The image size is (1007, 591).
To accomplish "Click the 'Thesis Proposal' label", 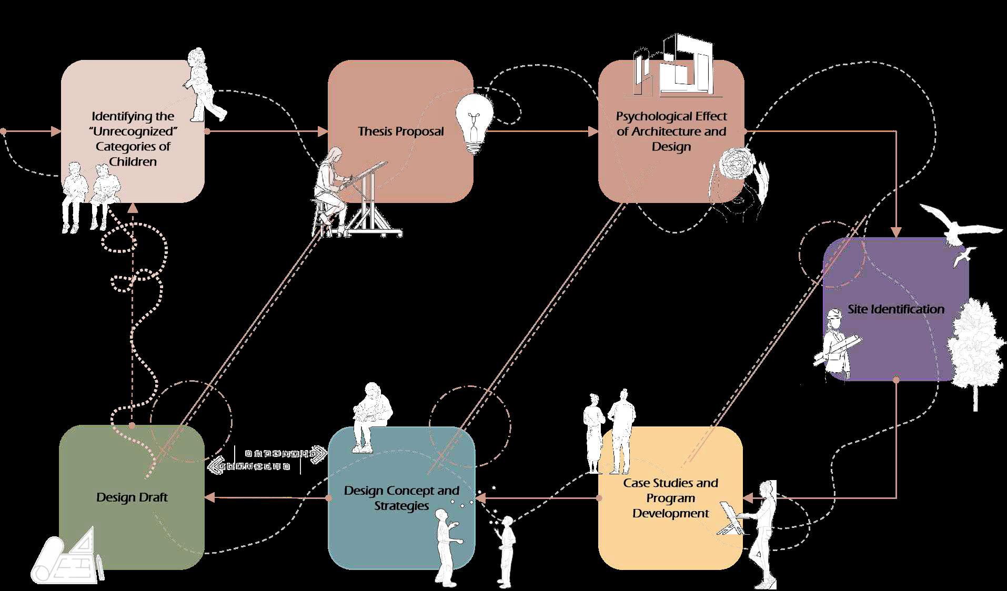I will tap(401, 131).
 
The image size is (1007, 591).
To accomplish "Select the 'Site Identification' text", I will tap(895, 309).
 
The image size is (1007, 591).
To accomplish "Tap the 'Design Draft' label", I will tap(132, 497).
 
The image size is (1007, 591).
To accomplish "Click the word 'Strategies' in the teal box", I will tap(401, 506).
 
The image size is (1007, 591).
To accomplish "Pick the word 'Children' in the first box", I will tap(133, 161).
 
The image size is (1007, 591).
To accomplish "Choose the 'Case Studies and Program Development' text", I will tap(671, 497).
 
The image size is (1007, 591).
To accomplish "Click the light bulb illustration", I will tap(475, 122).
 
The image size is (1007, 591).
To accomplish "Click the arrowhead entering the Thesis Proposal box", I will tap(323, 131).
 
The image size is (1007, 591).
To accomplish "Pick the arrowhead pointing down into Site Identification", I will tap(896, 232).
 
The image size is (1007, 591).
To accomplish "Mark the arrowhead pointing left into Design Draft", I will tap(209, 497).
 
